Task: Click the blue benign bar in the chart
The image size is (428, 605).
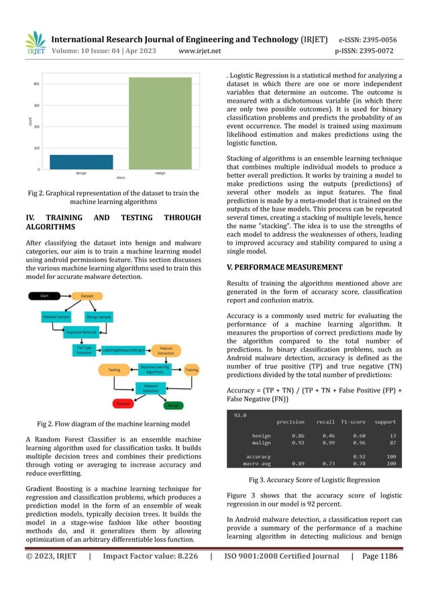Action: click(72, 162)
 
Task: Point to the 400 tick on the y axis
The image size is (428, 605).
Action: click(36, 84)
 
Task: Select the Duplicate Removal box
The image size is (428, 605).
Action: click(83, 332)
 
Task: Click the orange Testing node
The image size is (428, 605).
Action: click(114, 370)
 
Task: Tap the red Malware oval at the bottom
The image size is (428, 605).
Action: click(122, 404)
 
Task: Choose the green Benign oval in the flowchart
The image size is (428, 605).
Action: click(173, 406)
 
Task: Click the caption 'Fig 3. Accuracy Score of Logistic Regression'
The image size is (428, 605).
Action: click(314, 480)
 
